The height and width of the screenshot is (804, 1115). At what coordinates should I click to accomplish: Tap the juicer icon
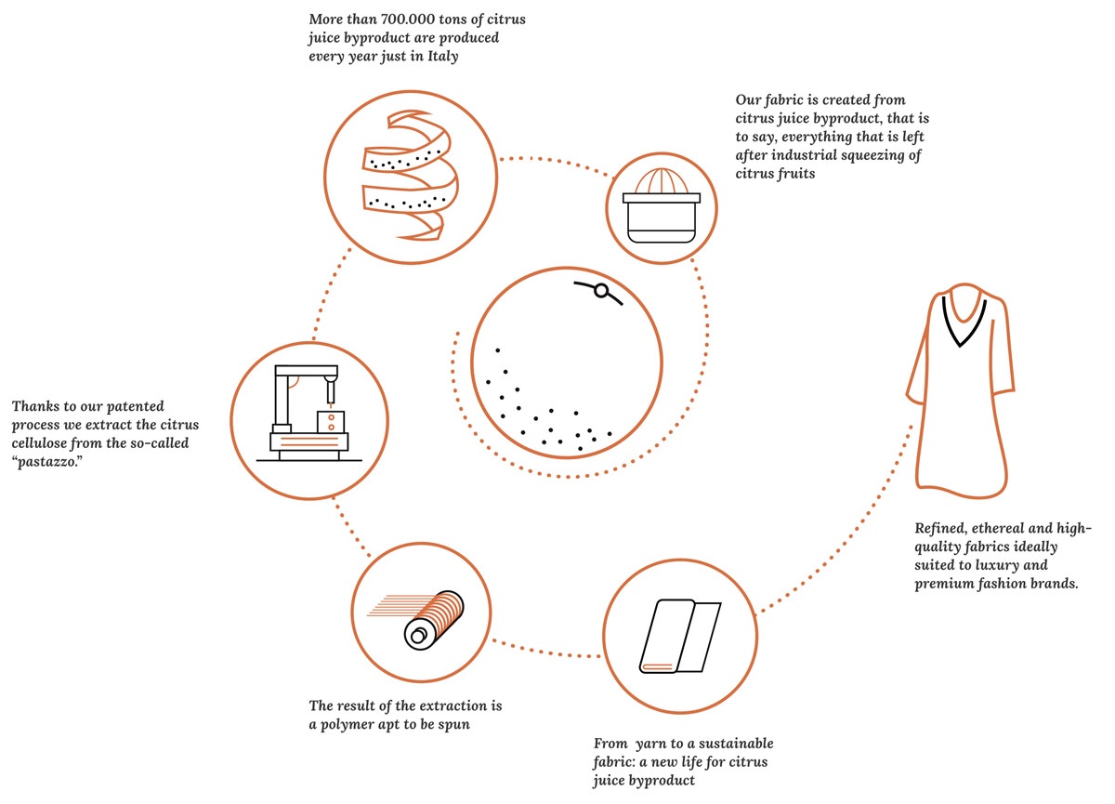(x=661, y=206)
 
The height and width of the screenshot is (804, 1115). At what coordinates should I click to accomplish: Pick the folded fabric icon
(x=679, y=637)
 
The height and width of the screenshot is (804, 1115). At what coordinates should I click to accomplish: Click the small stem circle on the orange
(x=601, y=292)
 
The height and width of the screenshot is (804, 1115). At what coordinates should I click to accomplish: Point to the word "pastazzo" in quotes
(x=46, y=461)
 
